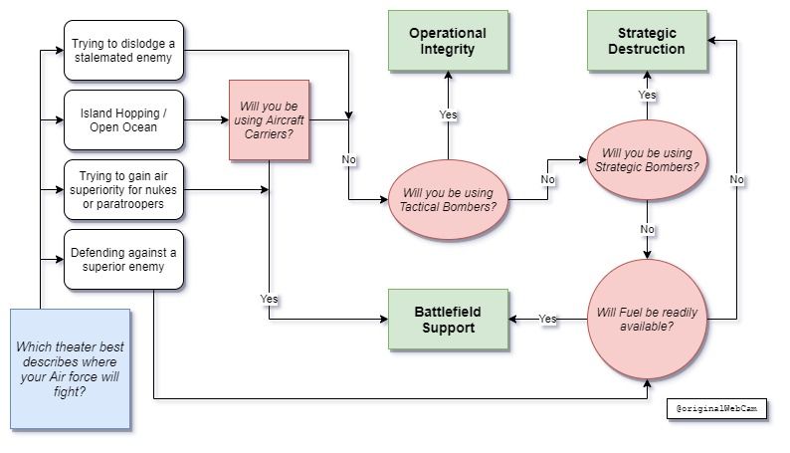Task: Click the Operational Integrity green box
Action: [448, 41]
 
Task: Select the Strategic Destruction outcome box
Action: [647, 41]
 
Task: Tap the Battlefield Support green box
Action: [448, 319]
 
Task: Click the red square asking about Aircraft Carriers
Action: [270, 120]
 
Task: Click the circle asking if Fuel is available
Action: [647, 320]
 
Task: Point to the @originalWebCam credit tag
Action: [716, 409]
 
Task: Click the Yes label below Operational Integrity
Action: [448, 115]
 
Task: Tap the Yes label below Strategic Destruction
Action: [647, 95]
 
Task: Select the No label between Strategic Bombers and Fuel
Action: [647, 228]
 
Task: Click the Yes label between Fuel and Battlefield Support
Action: [547, 320]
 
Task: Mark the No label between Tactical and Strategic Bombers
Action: [547, 180]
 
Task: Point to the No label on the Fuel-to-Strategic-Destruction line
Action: [736, 179]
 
